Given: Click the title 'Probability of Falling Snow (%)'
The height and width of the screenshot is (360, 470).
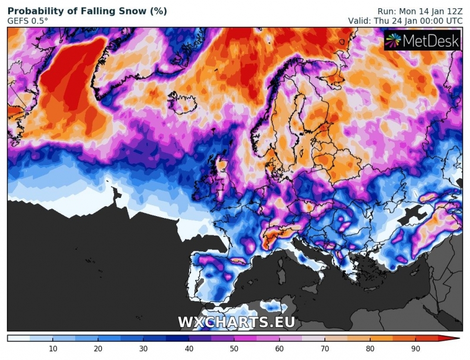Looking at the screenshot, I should [x=87, y=11].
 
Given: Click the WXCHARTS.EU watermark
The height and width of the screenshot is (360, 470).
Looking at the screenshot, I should [x=236, y=322].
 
